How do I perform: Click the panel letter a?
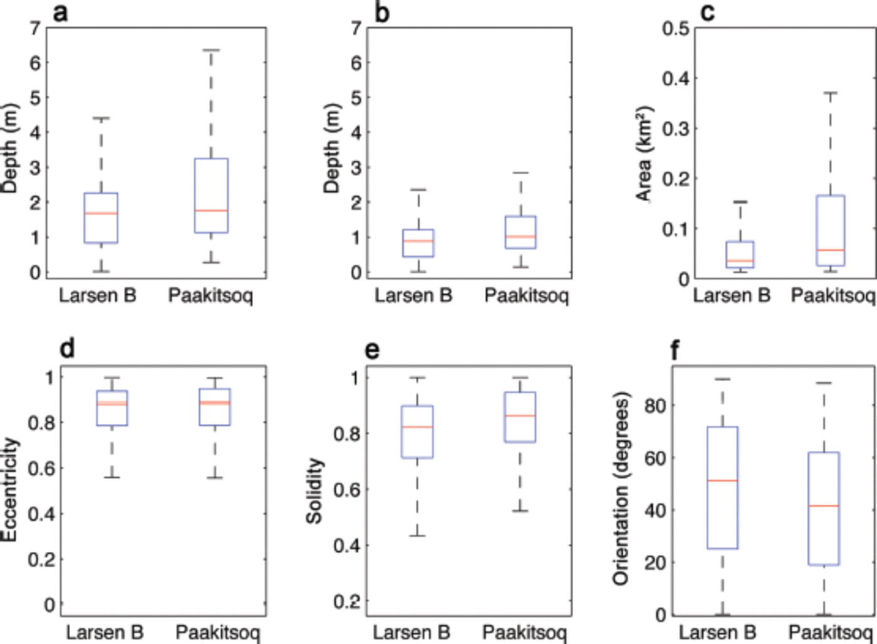tap(61, 12)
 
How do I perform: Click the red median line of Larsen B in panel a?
tap(100, 213)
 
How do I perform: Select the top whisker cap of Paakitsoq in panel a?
tap(211, 50)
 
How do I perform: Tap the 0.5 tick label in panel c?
tap(676, 28)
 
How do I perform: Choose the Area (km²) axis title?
tap(645, 154)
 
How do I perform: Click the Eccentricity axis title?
tap(11, 490)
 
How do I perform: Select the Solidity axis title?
tap(314, 491)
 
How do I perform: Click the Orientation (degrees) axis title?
tap(621, 489)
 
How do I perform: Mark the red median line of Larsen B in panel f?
tap(722, 480)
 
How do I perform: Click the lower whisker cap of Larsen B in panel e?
tap(417, 536)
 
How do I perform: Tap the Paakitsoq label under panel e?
tap(526, 631)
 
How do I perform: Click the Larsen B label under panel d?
tap(104, 631)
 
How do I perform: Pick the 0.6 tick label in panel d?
tap(41, 468)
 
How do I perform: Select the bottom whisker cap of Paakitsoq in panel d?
tap(215, 478)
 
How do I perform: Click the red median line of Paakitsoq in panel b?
tap(521, 236)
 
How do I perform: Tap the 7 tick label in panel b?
tap(356, 28)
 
